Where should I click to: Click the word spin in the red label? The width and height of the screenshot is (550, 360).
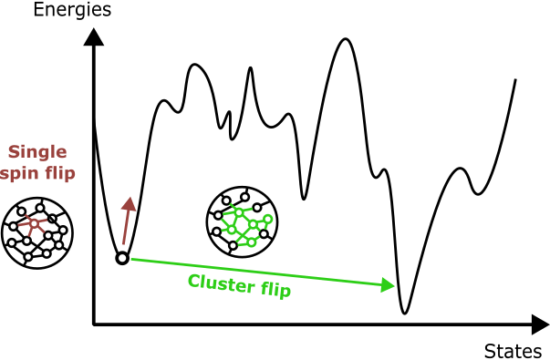coord(21,171)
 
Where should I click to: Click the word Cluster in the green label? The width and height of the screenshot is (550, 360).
coord(220,282)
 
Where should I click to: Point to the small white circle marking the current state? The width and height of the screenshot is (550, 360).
coord(121,259)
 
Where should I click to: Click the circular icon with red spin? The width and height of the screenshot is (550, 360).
coord(37,232)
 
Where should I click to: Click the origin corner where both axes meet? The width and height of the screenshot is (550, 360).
coord(93,323)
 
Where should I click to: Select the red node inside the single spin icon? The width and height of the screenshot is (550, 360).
coord(34,222)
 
